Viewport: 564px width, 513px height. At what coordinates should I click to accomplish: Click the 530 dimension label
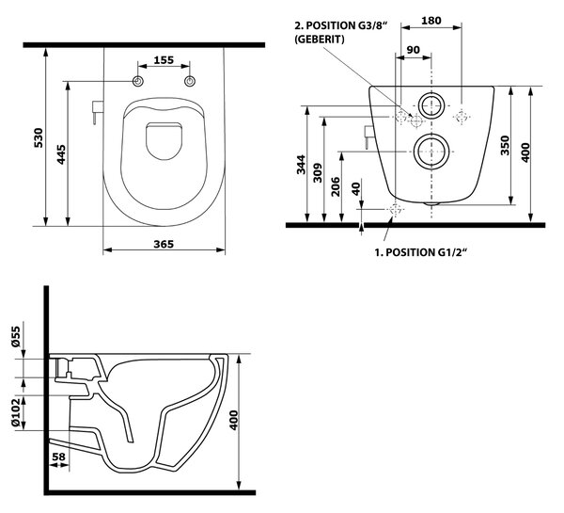39,137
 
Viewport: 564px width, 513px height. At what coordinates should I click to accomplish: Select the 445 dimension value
61,154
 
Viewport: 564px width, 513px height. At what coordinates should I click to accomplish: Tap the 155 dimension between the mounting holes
164,60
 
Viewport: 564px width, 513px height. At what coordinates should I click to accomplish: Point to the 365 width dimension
164,244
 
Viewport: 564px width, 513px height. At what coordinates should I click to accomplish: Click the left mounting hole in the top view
138,81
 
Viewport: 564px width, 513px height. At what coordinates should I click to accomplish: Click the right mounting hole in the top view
190,81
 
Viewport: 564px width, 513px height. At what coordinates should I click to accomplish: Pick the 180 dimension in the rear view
431,21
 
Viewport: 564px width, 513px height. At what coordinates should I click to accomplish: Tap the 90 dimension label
413,50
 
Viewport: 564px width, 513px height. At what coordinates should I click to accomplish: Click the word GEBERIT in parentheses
320,39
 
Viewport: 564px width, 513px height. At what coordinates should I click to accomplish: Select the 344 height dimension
301,165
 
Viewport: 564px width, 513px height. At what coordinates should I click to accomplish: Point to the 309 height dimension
318,173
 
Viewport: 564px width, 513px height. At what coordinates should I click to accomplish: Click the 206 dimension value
336,186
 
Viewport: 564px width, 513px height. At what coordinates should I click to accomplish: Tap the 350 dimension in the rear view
506,145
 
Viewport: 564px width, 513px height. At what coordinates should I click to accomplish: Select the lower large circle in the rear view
431,134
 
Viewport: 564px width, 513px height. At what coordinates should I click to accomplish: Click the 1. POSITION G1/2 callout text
420,252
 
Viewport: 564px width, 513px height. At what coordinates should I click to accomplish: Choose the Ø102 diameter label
16,412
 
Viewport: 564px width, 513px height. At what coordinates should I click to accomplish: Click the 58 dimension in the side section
58,457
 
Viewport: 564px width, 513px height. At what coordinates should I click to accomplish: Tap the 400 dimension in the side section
234,420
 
